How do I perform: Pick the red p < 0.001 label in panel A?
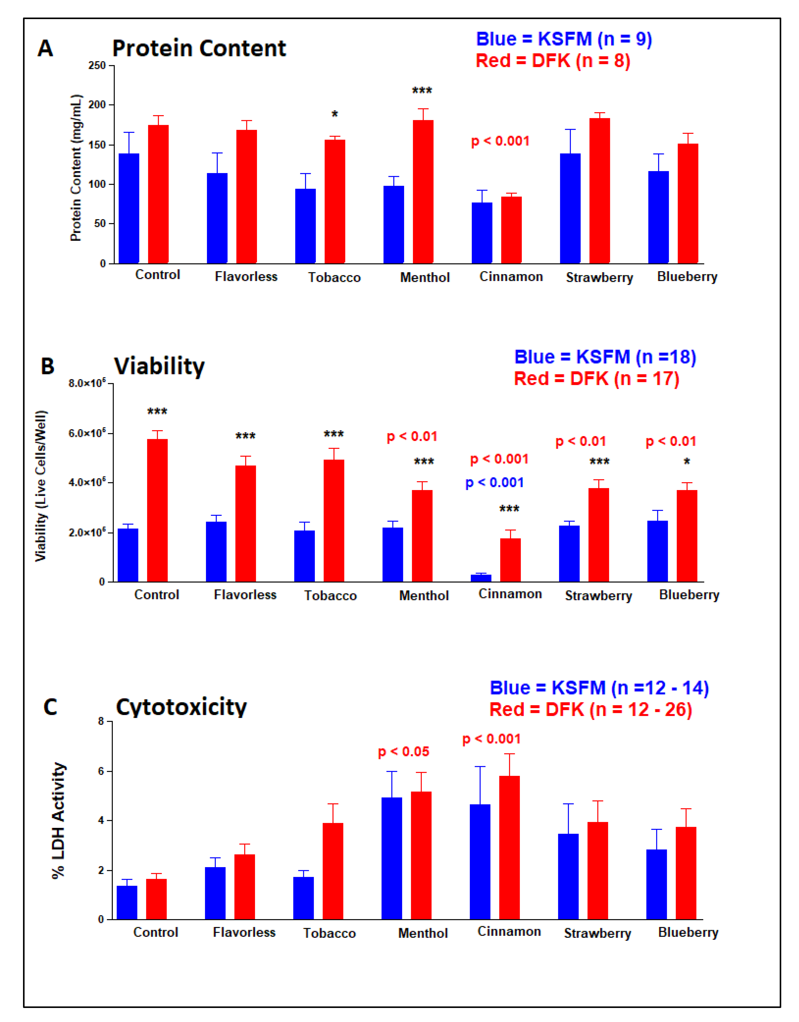[x=500, y=141]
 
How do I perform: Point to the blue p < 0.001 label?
[x=494, y=482]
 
